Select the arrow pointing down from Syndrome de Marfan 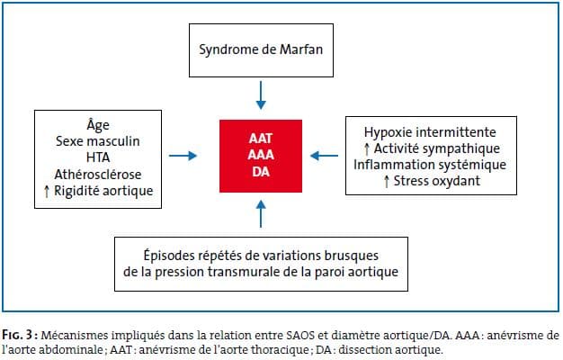(x=261, y=95)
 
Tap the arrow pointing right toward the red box (x=183, y=156)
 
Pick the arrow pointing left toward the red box (x=325, y=156)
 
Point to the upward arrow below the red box (x=261, y=214)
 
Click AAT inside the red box (x=261, y=139)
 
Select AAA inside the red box (x=261, y=155)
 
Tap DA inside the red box (x=261, y=172)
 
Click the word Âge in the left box (x=98, y=125)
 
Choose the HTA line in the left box (x=98, y=157)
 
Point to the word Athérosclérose (x=98, y=175)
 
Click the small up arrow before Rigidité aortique (x=47, y=191)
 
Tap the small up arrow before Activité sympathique (x=367, y=148)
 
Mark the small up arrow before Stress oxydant (x=387, y=181)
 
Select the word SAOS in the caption (x=301, y=336)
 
